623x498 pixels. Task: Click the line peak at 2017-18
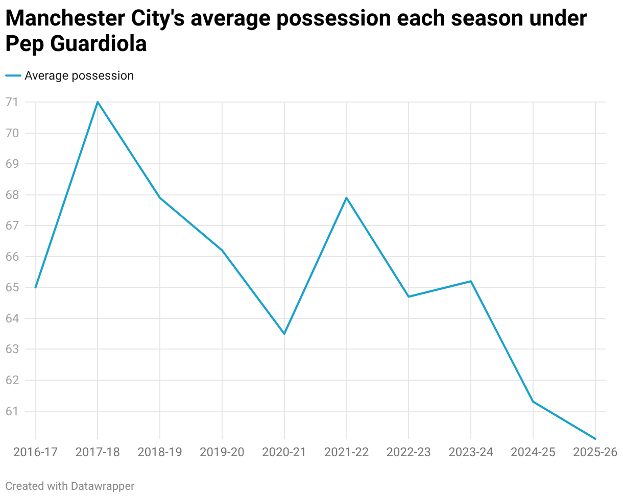coord(98,102)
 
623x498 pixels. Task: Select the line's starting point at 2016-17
coord(35,287)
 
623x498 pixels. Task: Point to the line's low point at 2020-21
coord(284,334)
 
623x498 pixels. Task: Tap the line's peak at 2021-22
coord(347,197)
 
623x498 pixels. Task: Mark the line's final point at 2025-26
coord(595,439)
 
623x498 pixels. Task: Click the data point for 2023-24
coord(471,281)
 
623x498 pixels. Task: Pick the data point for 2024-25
coord(533,402)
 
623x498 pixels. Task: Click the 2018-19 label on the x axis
coord(160,453)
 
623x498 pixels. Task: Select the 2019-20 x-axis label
coord(222,453)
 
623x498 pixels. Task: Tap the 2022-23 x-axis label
coord(409,453)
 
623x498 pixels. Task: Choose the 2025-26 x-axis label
coord(595,453)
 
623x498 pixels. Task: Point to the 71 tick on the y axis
coord(12,102)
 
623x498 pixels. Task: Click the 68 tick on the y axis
coord(12,195)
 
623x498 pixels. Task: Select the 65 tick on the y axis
coord(12,287)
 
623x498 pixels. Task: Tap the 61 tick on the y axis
coord(12,411)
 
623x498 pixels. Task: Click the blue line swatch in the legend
coord(13,76)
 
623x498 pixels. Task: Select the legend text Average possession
coord(79,76)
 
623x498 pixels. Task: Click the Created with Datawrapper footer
coord(70,486)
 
